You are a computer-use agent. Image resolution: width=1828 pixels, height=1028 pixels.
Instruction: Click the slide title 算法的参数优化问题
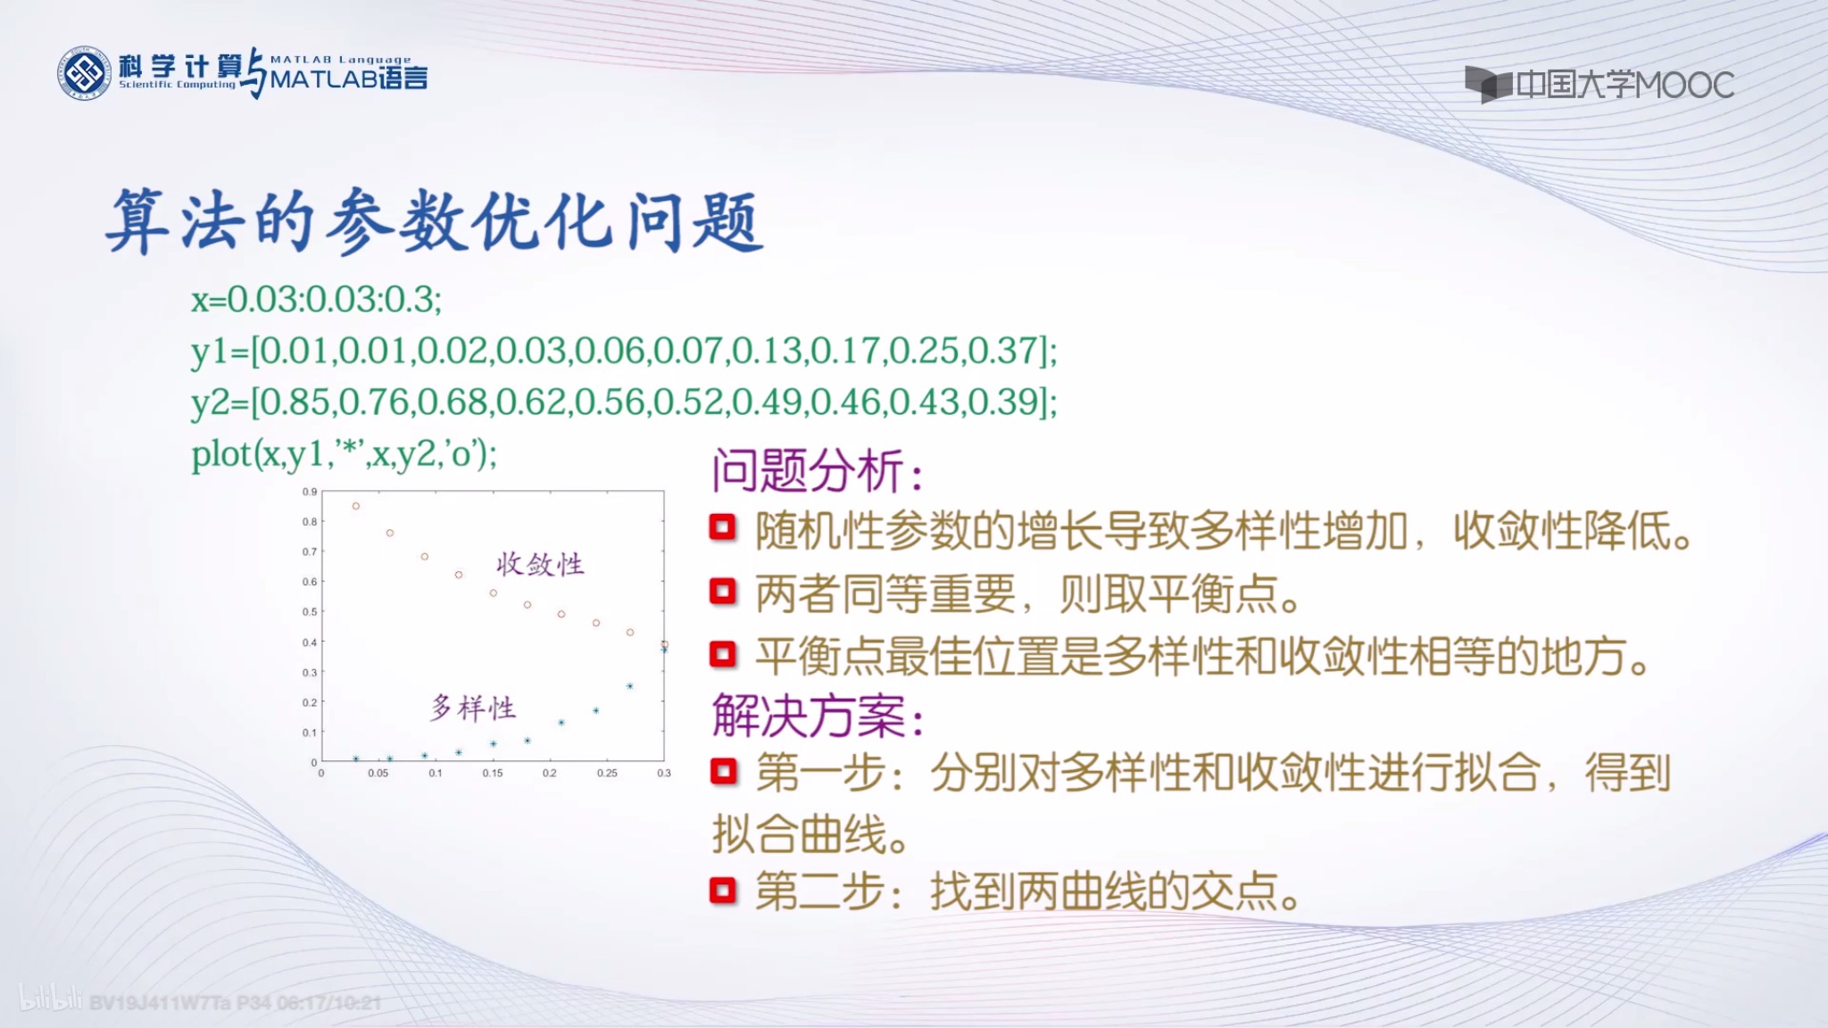click(434, 221)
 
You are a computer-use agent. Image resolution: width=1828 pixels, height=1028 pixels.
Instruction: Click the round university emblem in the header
click(85, 73)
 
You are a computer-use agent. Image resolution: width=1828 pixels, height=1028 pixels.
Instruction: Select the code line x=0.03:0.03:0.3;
click(316, 299)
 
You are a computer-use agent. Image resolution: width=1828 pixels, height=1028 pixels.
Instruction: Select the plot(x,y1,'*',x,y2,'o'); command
click(344, 454)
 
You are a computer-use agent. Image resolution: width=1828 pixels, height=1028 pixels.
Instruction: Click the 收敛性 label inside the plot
click(540, 564)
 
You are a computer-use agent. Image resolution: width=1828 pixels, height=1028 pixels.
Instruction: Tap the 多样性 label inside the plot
click(473, 709)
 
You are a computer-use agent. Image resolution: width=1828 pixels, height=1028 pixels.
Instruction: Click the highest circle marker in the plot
click(355, 506)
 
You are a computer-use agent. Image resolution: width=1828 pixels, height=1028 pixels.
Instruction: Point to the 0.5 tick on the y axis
click(309, 612)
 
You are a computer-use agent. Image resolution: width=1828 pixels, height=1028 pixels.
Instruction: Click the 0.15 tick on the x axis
click(492, 774)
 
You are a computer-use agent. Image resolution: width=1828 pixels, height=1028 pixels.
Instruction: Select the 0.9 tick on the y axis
click(309, 492)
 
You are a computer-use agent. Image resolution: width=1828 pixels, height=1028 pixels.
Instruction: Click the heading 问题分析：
click(817, 470)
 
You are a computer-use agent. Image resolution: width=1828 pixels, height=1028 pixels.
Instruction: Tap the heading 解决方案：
click(817, 717)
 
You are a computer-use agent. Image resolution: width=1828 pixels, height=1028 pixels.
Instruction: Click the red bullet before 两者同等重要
click(722, 592)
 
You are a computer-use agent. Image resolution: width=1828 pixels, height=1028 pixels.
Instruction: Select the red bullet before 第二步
click(722, 891)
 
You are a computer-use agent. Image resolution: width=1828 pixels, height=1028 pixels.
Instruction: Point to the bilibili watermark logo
click(50, 999)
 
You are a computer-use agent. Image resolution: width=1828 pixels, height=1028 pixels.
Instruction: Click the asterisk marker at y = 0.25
click(629, 686)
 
